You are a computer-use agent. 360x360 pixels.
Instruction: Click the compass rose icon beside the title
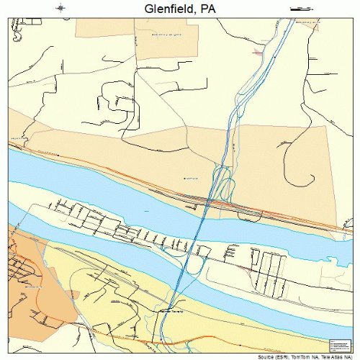point(60,8)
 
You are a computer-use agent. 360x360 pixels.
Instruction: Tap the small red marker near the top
point(258,51)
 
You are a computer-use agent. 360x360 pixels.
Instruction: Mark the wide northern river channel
point(108,187)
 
